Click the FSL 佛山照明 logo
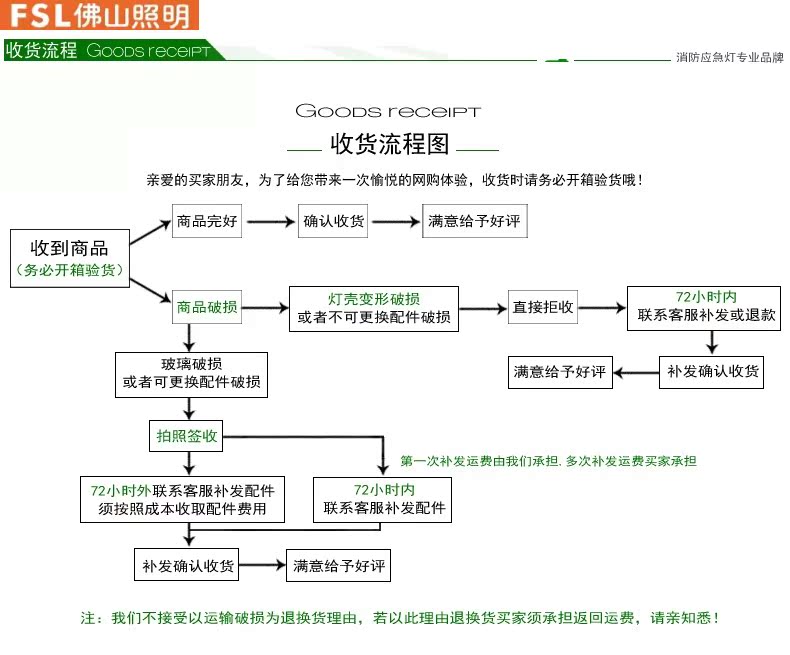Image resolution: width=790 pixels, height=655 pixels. click(99, 15)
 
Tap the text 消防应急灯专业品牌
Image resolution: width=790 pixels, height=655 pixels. click(729, 58)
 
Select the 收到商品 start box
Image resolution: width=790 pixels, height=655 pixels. click(69, 258)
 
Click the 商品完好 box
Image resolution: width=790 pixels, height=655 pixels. click(207, 221)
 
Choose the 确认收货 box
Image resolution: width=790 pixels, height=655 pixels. click(334, 221)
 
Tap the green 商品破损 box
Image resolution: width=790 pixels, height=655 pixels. click(207, 307)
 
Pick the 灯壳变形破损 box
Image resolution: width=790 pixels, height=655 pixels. click(374, 310)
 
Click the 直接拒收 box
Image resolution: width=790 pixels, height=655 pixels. click(543, 307)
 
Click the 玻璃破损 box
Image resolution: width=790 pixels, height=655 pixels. click(191, 374)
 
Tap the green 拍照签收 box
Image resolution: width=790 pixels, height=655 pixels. click(186, 436)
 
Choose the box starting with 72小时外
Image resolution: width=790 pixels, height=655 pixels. click(182, 499)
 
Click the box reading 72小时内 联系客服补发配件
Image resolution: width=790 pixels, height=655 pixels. click(384, 499)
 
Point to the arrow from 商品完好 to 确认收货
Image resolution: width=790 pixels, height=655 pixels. click(270, 221)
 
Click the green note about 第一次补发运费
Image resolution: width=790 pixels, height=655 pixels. click(548, 461)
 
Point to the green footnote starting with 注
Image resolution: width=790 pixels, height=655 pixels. click(399, 619)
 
